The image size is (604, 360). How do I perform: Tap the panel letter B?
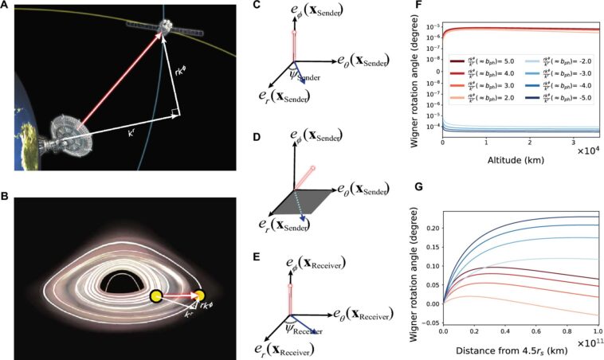point(6,194)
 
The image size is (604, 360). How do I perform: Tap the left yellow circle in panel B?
point(157,297)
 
